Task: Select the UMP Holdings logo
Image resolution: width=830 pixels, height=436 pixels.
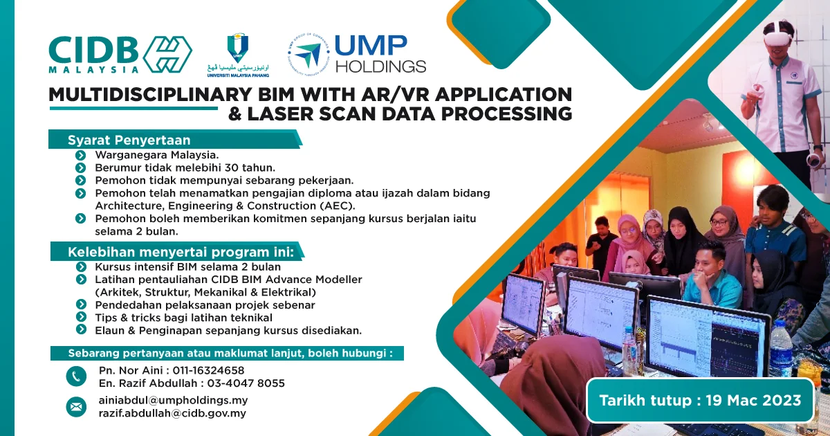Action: pos(358,54)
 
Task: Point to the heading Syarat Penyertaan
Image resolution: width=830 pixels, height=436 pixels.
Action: pos(129,140)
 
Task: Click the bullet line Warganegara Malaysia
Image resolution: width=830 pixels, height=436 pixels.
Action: pos(156,154)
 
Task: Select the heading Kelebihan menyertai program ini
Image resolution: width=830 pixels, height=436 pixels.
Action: pos(181,251)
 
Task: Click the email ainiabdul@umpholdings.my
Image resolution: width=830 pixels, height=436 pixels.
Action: pos(173,400)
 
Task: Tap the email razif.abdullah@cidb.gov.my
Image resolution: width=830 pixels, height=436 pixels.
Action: pos(172,413)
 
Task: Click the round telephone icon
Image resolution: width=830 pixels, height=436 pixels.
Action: pos(76,376)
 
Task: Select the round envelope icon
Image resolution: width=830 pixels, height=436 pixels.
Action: pos(76,407)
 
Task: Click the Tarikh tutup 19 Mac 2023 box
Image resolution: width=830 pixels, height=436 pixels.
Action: pos(700,400)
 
